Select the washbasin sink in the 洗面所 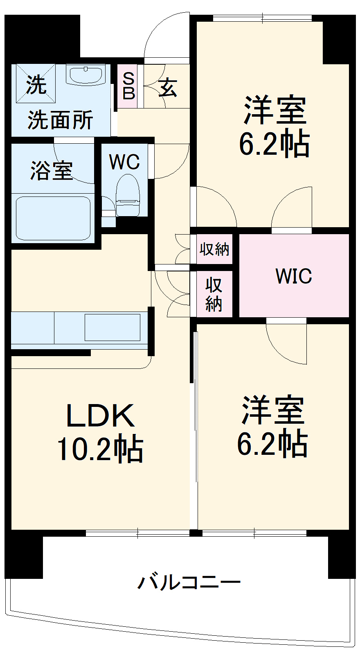click(x=85, y=75)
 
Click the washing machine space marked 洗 click(x=36, y=84)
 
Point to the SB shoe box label click(x=128, y=86)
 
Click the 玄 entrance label click(x=168, y=87)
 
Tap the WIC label click(x=294, y=276)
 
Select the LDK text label click(x=100, y=416)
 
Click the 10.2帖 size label click(x=100, y=449)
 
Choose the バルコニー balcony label click(x=189, y=582)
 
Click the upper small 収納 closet click(x=214, y=249)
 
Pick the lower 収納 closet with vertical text click(x=214, y=294)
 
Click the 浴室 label click(x=52, y=170)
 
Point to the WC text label click(x=124, y=162)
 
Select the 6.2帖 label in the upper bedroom click(x=274, y=144)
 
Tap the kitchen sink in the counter click(x=112, y=327)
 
